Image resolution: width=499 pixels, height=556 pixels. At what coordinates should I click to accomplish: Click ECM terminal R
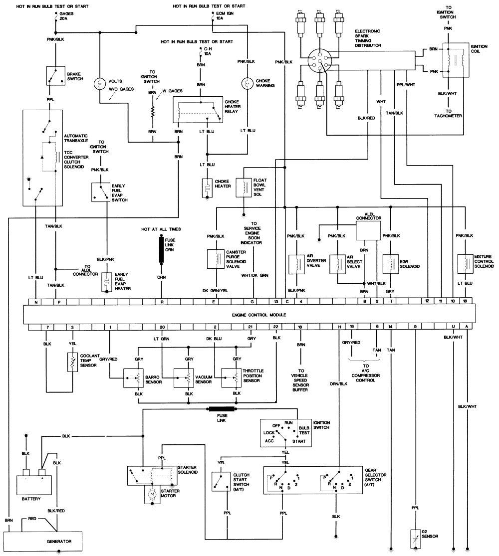(x=162, y=302)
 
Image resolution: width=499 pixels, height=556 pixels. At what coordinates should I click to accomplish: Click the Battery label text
(x=31, y=499)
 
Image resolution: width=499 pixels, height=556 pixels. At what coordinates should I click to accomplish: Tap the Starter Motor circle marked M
(x=151, y=493)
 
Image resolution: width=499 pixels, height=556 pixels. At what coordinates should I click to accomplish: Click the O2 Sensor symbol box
(x=415, y=536)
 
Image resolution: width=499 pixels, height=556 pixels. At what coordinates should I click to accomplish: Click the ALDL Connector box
(x=368, y=230)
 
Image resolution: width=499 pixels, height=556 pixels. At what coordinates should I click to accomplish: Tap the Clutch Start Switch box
(x=220, y=480)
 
